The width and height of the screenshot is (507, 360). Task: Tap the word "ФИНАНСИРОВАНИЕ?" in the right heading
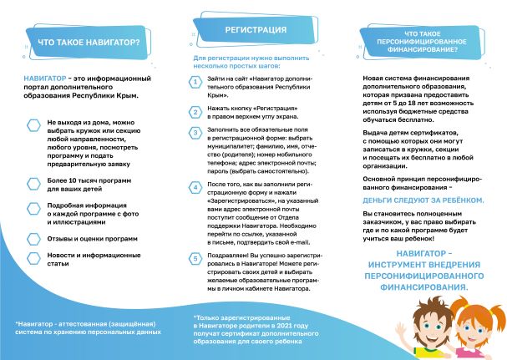[416, 49]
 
